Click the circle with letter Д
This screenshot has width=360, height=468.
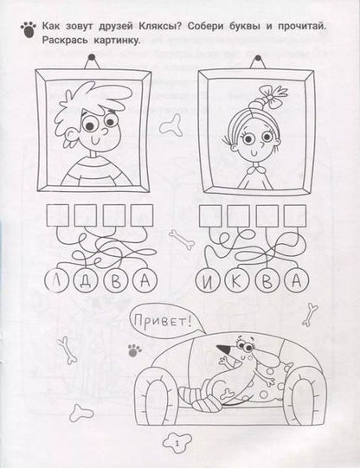point(86,280)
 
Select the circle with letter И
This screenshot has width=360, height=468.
point(208,281)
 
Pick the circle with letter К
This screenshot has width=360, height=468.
point(236,281)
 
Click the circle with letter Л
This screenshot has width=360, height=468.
point(56,280)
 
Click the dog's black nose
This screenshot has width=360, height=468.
point(223,349)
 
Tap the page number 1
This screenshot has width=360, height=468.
point(177,444)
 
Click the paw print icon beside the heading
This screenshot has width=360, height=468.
point(29,29)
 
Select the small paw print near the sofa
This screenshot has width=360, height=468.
point(135,350)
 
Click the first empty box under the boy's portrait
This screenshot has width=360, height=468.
point(57,215)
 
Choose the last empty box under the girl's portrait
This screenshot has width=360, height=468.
point(295,215)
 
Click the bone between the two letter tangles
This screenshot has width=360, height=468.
point(182,240)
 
